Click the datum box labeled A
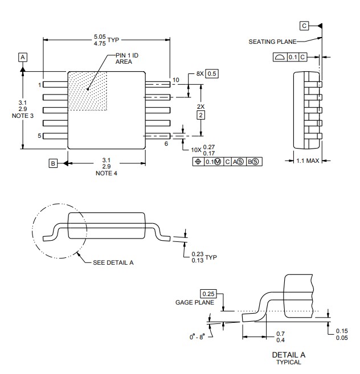pos(23,57)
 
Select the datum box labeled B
pos(53,163)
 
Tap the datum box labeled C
pos(304,26)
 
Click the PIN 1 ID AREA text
pos(127,59)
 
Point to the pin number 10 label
pos(175,80)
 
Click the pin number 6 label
pos(166,143)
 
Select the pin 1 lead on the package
pos(55,84)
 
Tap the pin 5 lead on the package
pos(55,136)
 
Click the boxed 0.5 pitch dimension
pos(212,73)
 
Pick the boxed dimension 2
pos(201,115)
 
